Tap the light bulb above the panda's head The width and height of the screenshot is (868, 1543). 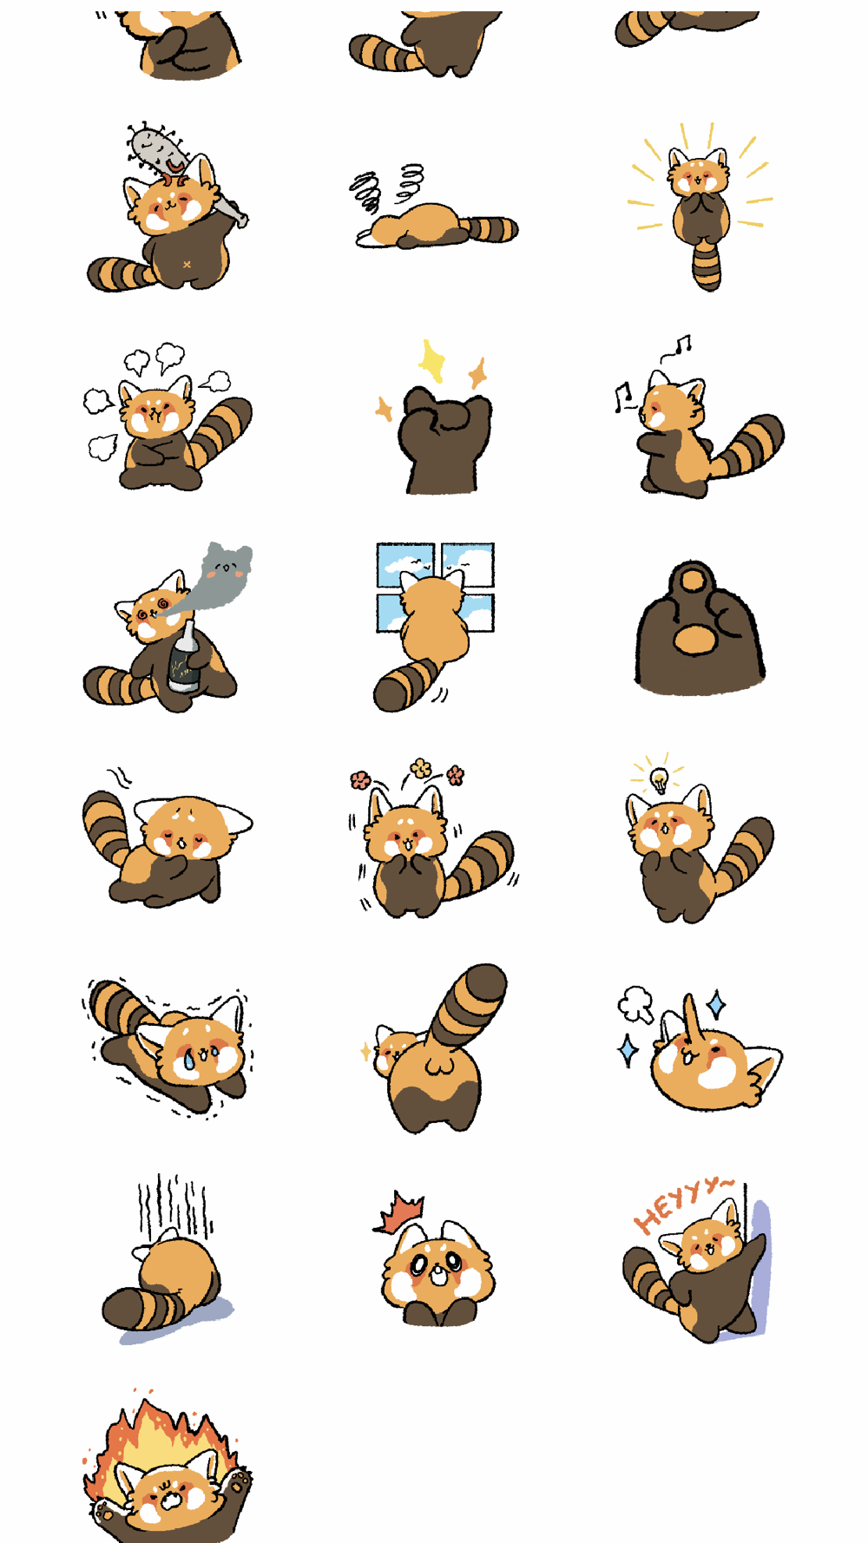660,778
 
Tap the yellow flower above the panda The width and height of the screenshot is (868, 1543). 421,767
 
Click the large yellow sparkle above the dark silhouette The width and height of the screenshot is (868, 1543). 431,360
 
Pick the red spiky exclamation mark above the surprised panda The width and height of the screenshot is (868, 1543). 399,1211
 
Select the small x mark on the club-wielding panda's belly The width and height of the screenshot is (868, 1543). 187,264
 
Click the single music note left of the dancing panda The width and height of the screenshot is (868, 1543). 622,397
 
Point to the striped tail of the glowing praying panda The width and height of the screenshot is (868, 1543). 707,264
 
